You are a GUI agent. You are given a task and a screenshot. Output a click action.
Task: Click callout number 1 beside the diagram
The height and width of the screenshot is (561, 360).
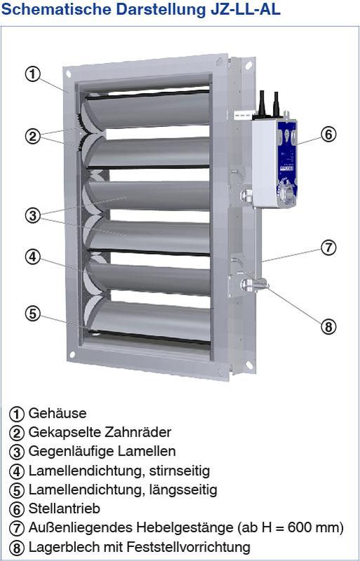coord(33,74)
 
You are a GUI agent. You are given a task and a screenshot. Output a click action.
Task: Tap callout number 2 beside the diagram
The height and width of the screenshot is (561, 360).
coord(33,136)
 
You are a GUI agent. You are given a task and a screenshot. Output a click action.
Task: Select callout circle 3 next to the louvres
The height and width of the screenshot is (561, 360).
coord(33,216)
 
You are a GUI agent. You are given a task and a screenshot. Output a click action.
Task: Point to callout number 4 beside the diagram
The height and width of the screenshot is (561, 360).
coord(33,257)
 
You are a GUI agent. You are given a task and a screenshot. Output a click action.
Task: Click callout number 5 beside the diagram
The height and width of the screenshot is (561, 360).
coord(33,313)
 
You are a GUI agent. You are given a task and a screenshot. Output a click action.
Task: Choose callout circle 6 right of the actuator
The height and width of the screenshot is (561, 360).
coord(328,135)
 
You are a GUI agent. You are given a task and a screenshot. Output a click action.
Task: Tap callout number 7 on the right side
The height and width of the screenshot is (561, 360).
coord(328,248)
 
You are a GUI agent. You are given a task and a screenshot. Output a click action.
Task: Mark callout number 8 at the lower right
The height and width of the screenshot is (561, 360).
coord(328,326)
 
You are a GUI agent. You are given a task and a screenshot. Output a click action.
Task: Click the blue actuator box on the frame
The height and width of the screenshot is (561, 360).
coord(274,163)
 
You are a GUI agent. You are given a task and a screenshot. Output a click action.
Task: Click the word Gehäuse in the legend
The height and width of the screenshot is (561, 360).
coord(58,413)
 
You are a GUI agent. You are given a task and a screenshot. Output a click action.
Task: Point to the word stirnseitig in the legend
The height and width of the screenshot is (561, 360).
coord(178,471)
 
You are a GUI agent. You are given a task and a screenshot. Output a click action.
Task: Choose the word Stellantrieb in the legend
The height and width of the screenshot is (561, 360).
coord(64,508)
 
